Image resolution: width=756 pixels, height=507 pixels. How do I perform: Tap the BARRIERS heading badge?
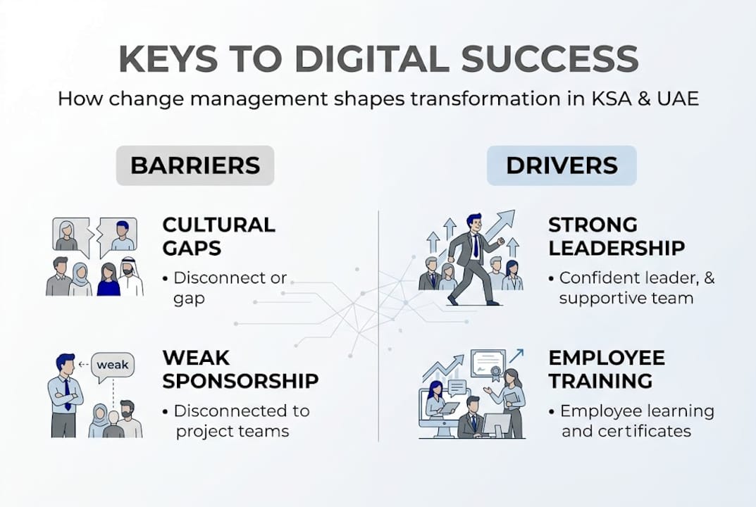(195, 165)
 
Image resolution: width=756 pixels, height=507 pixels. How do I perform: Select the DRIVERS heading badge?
(562, 165)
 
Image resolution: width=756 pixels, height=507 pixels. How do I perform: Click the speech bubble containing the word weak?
(113, 365)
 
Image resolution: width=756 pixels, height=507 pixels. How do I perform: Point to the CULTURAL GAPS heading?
(218, 237)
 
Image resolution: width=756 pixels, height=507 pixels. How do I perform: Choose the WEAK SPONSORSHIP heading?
(240, 370)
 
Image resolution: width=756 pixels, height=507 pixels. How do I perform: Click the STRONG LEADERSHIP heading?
(616, 237)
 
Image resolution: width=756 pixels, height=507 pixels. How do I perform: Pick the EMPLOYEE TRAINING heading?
(606, 370)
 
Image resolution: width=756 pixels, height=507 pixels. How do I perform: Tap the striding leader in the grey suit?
(473, 257)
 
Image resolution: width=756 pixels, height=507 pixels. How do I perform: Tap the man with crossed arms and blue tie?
(64, 394)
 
